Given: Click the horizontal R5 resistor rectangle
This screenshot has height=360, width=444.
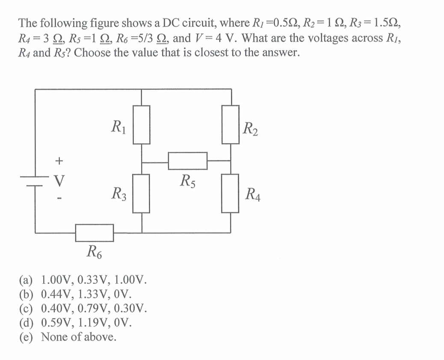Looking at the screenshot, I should pyautogui.click(x=187, y=161).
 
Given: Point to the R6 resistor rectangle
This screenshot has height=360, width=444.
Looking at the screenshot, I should pyautogui.click(x=95, y=233).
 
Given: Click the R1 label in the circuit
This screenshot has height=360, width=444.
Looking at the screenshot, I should pyautogui.click(x=117, y=127).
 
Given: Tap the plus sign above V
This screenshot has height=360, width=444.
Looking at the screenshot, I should pyautogui.click(x=59, y=161).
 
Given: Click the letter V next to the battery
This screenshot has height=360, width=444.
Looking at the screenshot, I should pyautogui.click(x=59, y=181).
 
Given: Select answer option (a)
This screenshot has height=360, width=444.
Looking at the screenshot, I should pyautogui.click(x=83, y=281).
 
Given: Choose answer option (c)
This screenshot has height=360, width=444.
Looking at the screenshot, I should pyautogui.click(x=83, y=308).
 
